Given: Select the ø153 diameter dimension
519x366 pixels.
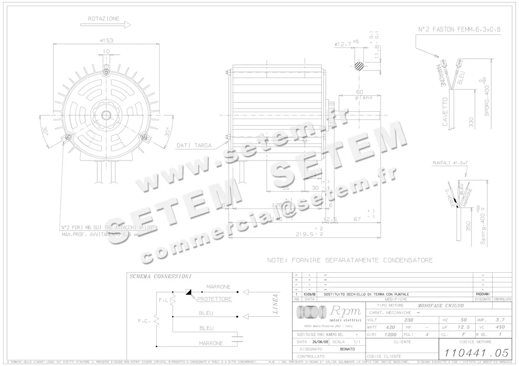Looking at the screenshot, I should click(x=106, y=41).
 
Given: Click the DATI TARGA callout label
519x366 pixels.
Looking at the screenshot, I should click(x=194, y=145).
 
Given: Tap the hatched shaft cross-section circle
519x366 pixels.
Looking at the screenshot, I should click(x=359, y=66).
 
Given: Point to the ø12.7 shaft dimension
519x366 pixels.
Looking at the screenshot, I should click(x=343, y=44).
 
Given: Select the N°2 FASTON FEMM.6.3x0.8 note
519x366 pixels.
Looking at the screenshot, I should click(x=459, y=30).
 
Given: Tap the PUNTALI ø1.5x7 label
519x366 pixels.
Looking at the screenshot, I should click(x=450, y=163).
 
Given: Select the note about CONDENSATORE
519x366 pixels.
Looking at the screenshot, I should click(x=350, y=260).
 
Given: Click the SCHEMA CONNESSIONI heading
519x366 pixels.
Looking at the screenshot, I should click(x=160, y=276).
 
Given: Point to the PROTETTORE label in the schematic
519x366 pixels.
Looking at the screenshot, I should click(x=215, y=299).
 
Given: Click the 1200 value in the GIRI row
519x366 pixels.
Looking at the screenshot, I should click(x=391, y=334).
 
